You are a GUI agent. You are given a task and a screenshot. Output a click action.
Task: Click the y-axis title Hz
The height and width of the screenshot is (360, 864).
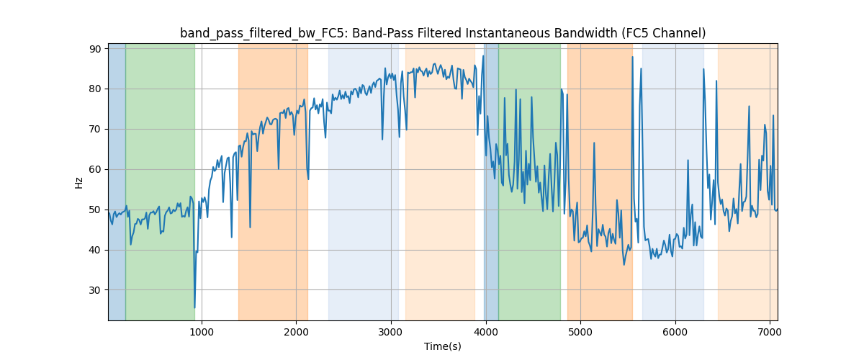click(x=79, y=182)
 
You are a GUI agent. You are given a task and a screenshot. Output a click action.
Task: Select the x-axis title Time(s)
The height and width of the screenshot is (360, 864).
click(x=443, y=346)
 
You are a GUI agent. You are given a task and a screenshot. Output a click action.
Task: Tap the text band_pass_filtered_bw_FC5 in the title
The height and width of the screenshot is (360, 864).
click(x=249, y=33)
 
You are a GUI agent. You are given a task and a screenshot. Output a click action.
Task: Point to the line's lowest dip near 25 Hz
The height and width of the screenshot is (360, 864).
click(x=194, y=307)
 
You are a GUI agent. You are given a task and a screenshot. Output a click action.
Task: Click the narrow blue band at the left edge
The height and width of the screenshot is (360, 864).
click(x=117, y=180)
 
